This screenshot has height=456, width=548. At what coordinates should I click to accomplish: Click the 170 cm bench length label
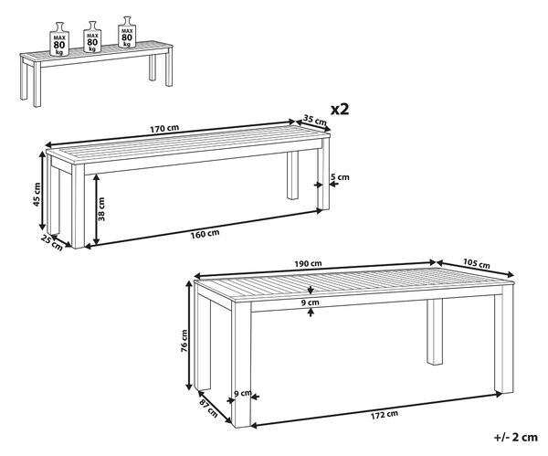click(x=164, y=129)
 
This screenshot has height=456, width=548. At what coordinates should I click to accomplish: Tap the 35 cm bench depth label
click(x=314, y=121)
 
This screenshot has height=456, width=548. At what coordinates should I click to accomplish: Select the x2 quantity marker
click(x=340, y=110)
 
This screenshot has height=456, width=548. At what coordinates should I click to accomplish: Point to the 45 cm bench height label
click(x=37, y=194)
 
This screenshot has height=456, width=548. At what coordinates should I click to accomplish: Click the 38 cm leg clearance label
click(x=101, y=209)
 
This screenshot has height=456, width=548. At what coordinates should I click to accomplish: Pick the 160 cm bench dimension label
click(x=205, y=233)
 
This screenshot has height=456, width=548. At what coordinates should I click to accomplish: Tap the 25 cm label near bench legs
click(x=52, y=243)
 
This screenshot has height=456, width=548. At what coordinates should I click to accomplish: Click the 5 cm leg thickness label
click(x=340, y=177)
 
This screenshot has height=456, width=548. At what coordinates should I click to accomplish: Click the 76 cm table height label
click(x=184, y=341)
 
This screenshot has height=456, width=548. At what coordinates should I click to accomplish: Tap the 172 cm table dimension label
click(x=384, y=414)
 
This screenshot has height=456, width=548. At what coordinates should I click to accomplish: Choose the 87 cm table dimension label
click(x=208, y=408)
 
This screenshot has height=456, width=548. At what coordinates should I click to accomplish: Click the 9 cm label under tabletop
click(x=311, y=302)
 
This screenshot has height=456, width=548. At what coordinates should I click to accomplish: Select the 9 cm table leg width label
click(x=243, y=394)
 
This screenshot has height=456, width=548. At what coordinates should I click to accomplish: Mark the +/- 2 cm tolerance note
click(x=515, y=437)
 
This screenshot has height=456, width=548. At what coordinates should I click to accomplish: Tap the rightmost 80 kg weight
click(x=127, y=32)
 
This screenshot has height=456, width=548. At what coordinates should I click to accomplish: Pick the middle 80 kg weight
click(x=92, y=37)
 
